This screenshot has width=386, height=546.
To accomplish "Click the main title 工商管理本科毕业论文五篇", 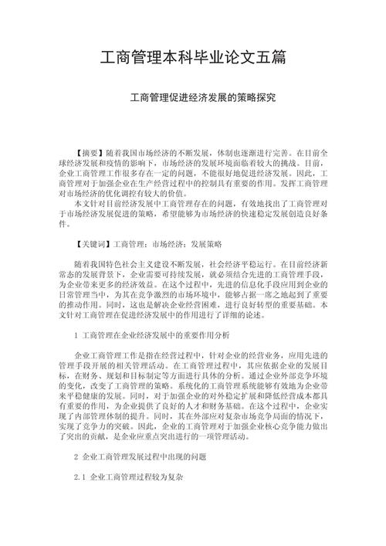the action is pos(193,58).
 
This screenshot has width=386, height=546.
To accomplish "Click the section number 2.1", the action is pos(80,477).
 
